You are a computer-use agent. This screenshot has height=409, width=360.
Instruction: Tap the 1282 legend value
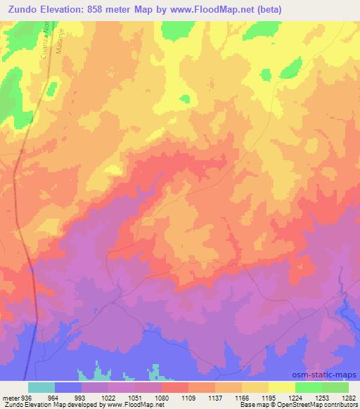click(x=349, y=397)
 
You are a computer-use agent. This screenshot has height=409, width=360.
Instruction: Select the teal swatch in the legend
click(x=41, y=387)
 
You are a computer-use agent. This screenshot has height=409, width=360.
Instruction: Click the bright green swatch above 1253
click(x=309, y=387)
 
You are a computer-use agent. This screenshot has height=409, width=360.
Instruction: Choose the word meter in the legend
click(x=10, y=397)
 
